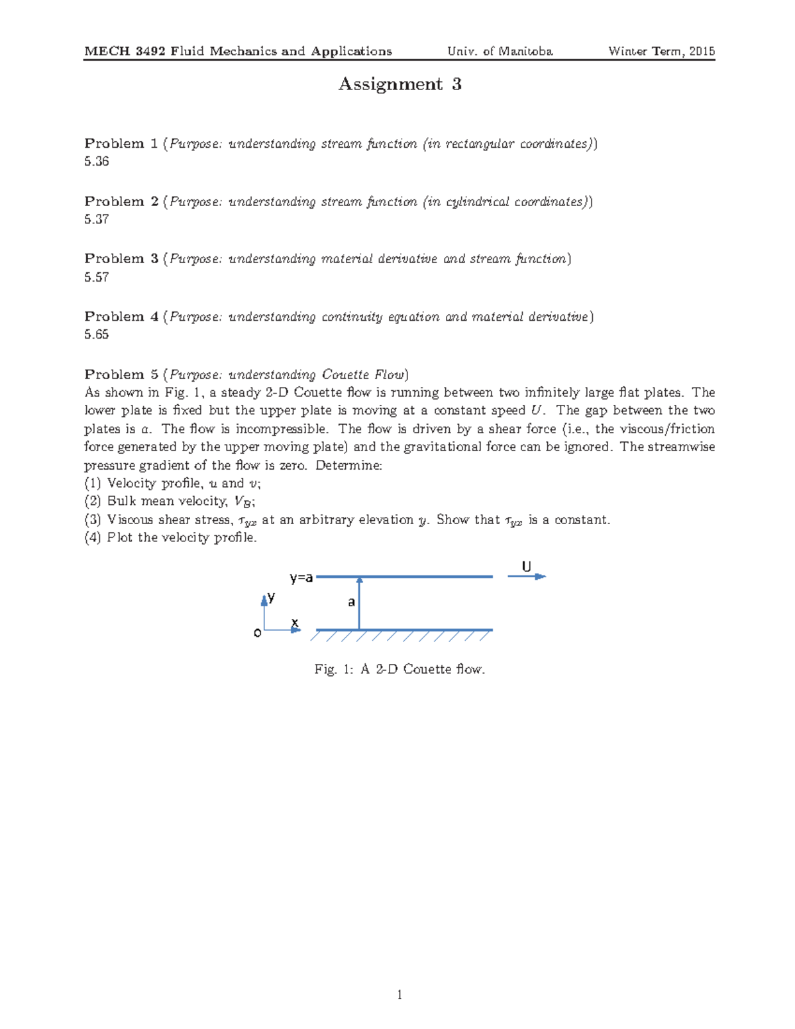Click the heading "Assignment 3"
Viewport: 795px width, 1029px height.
[x=399, y=84]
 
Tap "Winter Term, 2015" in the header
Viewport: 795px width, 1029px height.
[x=661, y=52]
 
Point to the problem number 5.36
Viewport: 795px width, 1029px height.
[x=97, y=162]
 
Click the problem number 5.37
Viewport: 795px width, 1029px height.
[x=97, y=219]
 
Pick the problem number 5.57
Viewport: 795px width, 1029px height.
[x=97, y=277]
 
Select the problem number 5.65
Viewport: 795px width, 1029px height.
[x=97, y=335]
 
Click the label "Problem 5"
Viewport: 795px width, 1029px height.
[x=121, y=374]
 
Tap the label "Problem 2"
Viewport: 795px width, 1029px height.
[x=121, y=201]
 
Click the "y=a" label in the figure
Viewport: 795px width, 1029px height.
[x=301, y=578]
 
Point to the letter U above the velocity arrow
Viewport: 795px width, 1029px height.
[x=526, y=567]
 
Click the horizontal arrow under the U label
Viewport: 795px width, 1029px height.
[x=527, y=577]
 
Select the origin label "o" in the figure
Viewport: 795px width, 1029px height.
[x=258, y=633]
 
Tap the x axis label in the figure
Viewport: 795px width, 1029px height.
[x=295, y=623]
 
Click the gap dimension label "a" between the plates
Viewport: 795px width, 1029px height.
[x=352, y=602]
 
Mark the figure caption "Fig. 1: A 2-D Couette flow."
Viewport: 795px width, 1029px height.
[x=399, y=669]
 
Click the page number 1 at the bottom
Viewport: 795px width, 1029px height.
[x=399, y=995]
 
